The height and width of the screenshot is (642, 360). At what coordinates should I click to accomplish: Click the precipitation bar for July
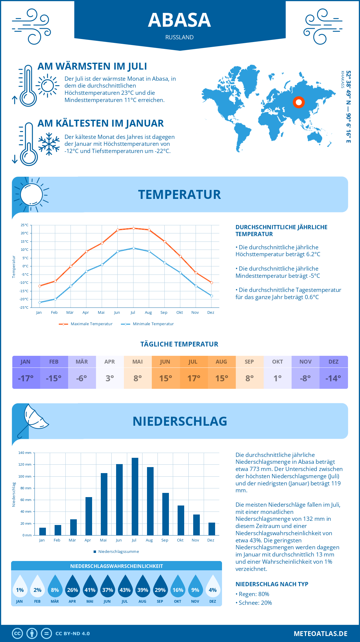[x=135, y=496]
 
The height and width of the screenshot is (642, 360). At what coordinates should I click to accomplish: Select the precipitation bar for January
[x=43, y=531]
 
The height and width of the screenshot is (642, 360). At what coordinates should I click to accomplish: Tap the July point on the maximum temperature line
[x=133, y=228]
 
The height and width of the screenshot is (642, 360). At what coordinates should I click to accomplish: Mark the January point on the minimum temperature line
[x=40, y=302]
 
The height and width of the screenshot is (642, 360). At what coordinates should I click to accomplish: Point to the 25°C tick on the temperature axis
[x=25, y=225]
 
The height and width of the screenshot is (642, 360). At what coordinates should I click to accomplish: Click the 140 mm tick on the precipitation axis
[x=25, y=453]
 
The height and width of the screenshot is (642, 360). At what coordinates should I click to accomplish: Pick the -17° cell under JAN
[x=26, y=378]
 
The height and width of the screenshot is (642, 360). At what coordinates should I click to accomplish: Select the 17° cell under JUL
[x=194, y=378]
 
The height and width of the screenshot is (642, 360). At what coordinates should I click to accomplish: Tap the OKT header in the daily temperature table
[x=277, y=362]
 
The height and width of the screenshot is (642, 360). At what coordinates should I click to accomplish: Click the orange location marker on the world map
[x=298, y=102]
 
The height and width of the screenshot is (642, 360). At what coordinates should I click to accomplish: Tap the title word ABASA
[x=179, y=20]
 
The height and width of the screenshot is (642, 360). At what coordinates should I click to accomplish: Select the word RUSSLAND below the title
[x=179, y=37]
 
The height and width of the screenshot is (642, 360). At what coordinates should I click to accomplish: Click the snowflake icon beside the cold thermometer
[x=49, y=144]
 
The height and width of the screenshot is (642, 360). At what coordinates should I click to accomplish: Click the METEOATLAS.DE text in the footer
[x=320, y=634]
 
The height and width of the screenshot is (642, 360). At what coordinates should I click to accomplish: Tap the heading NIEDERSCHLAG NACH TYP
[x=272, y=584]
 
